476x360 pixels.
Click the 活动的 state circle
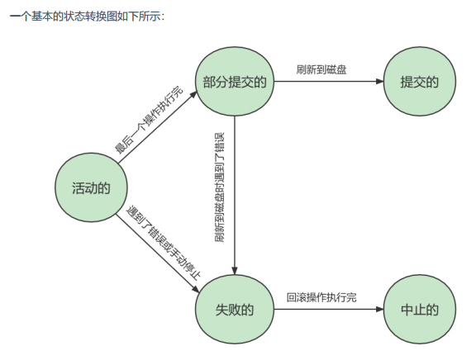[90, 189]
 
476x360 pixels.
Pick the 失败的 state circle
[235, 310]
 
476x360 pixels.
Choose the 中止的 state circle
[418, 310]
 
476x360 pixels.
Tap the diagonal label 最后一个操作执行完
[148, 120]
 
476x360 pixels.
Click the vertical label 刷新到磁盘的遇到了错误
[219, 187]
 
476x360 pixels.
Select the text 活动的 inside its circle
[90, 189]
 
